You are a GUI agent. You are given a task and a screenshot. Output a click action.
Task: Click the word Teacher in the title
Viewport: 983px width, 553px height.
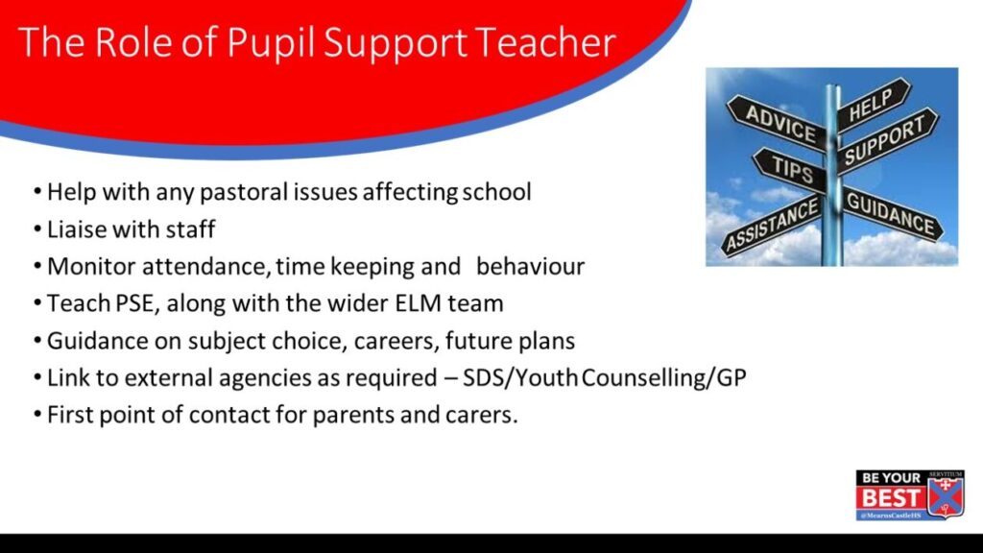point(545,42)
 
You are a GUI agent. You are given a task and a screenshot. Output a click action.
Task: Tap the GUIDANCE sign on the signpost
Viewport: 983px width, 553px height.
point(892,213)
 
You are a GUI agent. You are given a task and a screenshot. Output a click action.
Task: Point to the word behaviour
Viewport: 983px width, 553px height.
point(530,267)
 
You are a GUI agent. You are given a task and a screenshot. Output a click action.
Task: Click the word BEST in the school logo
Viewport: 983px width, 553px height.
point(891,498)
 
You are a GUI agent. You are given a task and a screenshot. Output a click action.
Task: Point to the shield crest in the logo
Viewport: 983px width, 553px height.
point(946,494)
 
